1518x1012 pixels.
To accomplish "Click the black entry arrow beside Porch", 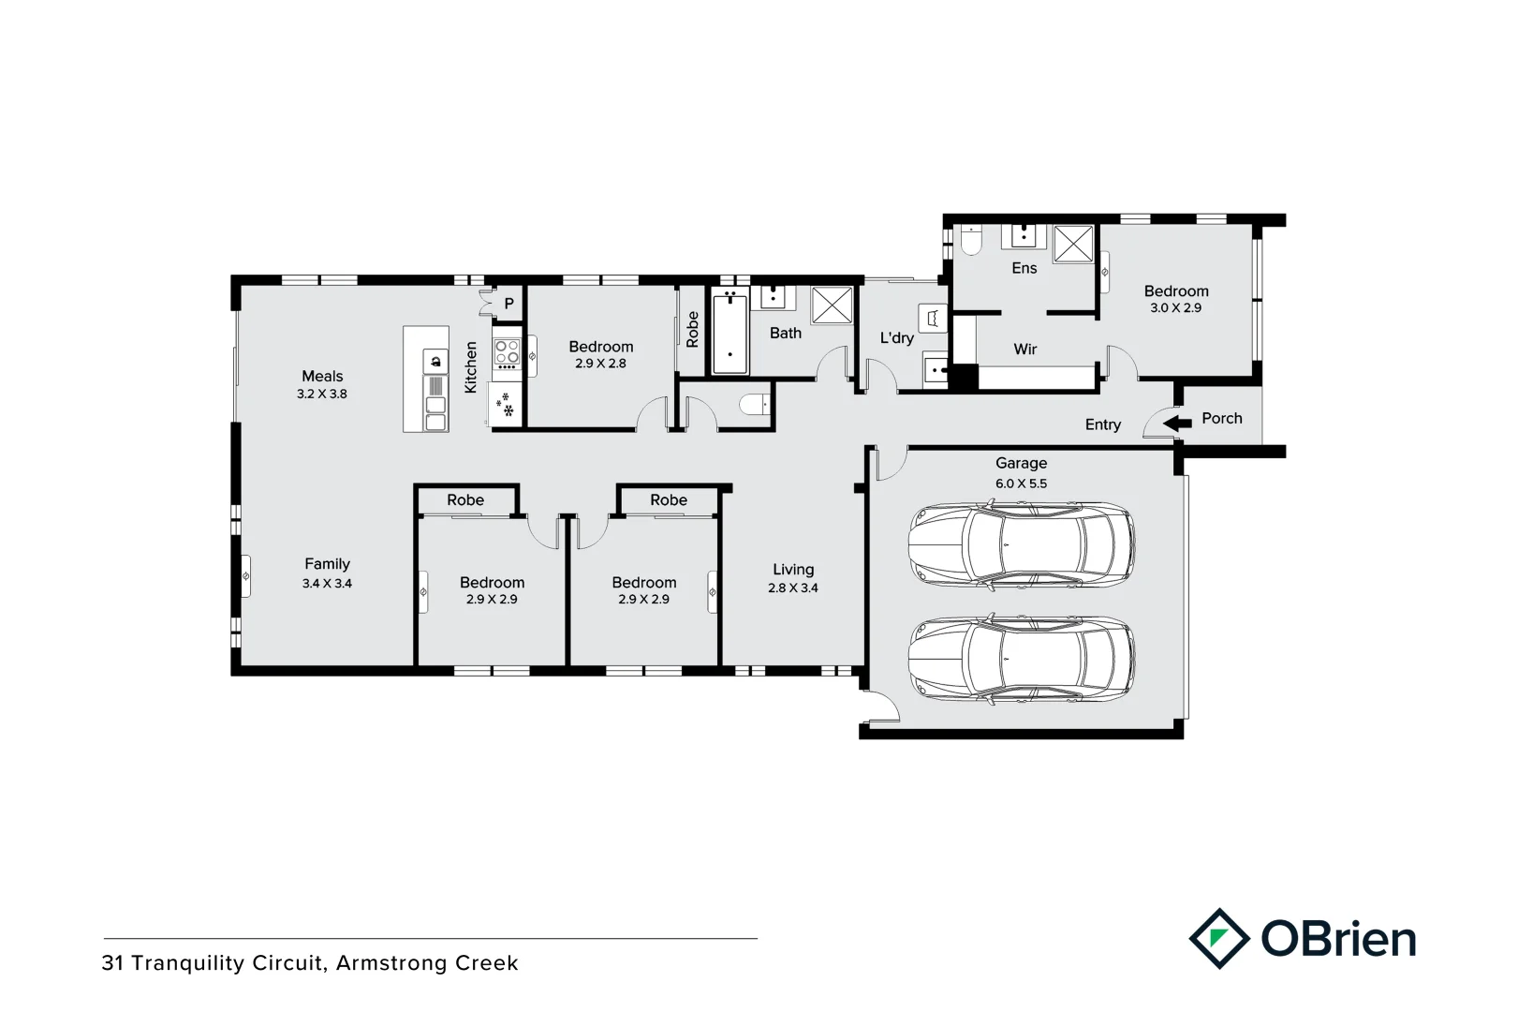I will click(x=1177, y=423).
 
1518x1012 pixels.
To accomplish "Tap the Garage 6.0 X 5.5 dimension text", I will click(x=1021, y=484).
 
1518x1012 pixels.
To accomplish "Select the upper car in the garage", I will click(x=1021, y=544).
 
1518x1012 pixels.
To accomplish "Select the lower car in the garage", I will click(x=1021, y=660).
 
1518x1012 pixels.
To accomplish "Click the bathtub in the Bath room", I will click(x=730, y=335).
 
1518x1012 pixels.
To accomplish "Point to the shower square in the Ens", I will click(x=1074, y=244).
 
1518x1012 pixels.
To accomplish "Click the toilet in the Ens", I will click(x=970, y=243).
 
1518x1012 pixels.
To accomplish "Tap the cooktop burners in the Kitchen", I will click(x=507, y=352).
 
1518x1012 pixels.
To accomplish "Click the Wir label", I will click(x=1025, y=349).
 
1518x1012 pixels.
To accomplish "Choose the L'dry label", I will click(x=896, y=338).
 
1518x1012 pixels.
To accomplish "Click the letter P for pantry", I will click(x=509, y=304).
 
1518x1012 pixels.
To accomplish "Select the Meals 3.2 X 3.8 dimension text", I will click(x=322, y=394).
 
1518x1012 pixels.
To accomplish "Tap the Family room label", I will click(x=327, y=564).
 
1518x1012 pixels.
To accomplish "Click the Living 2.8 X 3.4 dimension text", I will click(x=793, y=588).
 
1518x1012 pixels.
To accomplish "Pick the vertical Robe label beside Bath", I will click(x=692, y=330).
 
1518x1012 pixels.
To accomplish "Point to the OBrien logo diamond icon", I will click(x=1218, y=938).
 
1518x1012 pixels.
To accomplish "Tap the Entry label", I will click(x=1102, y=424).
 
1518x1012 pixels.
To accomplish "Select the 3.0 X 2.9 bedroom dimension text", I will click(x=1175, y=308).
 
